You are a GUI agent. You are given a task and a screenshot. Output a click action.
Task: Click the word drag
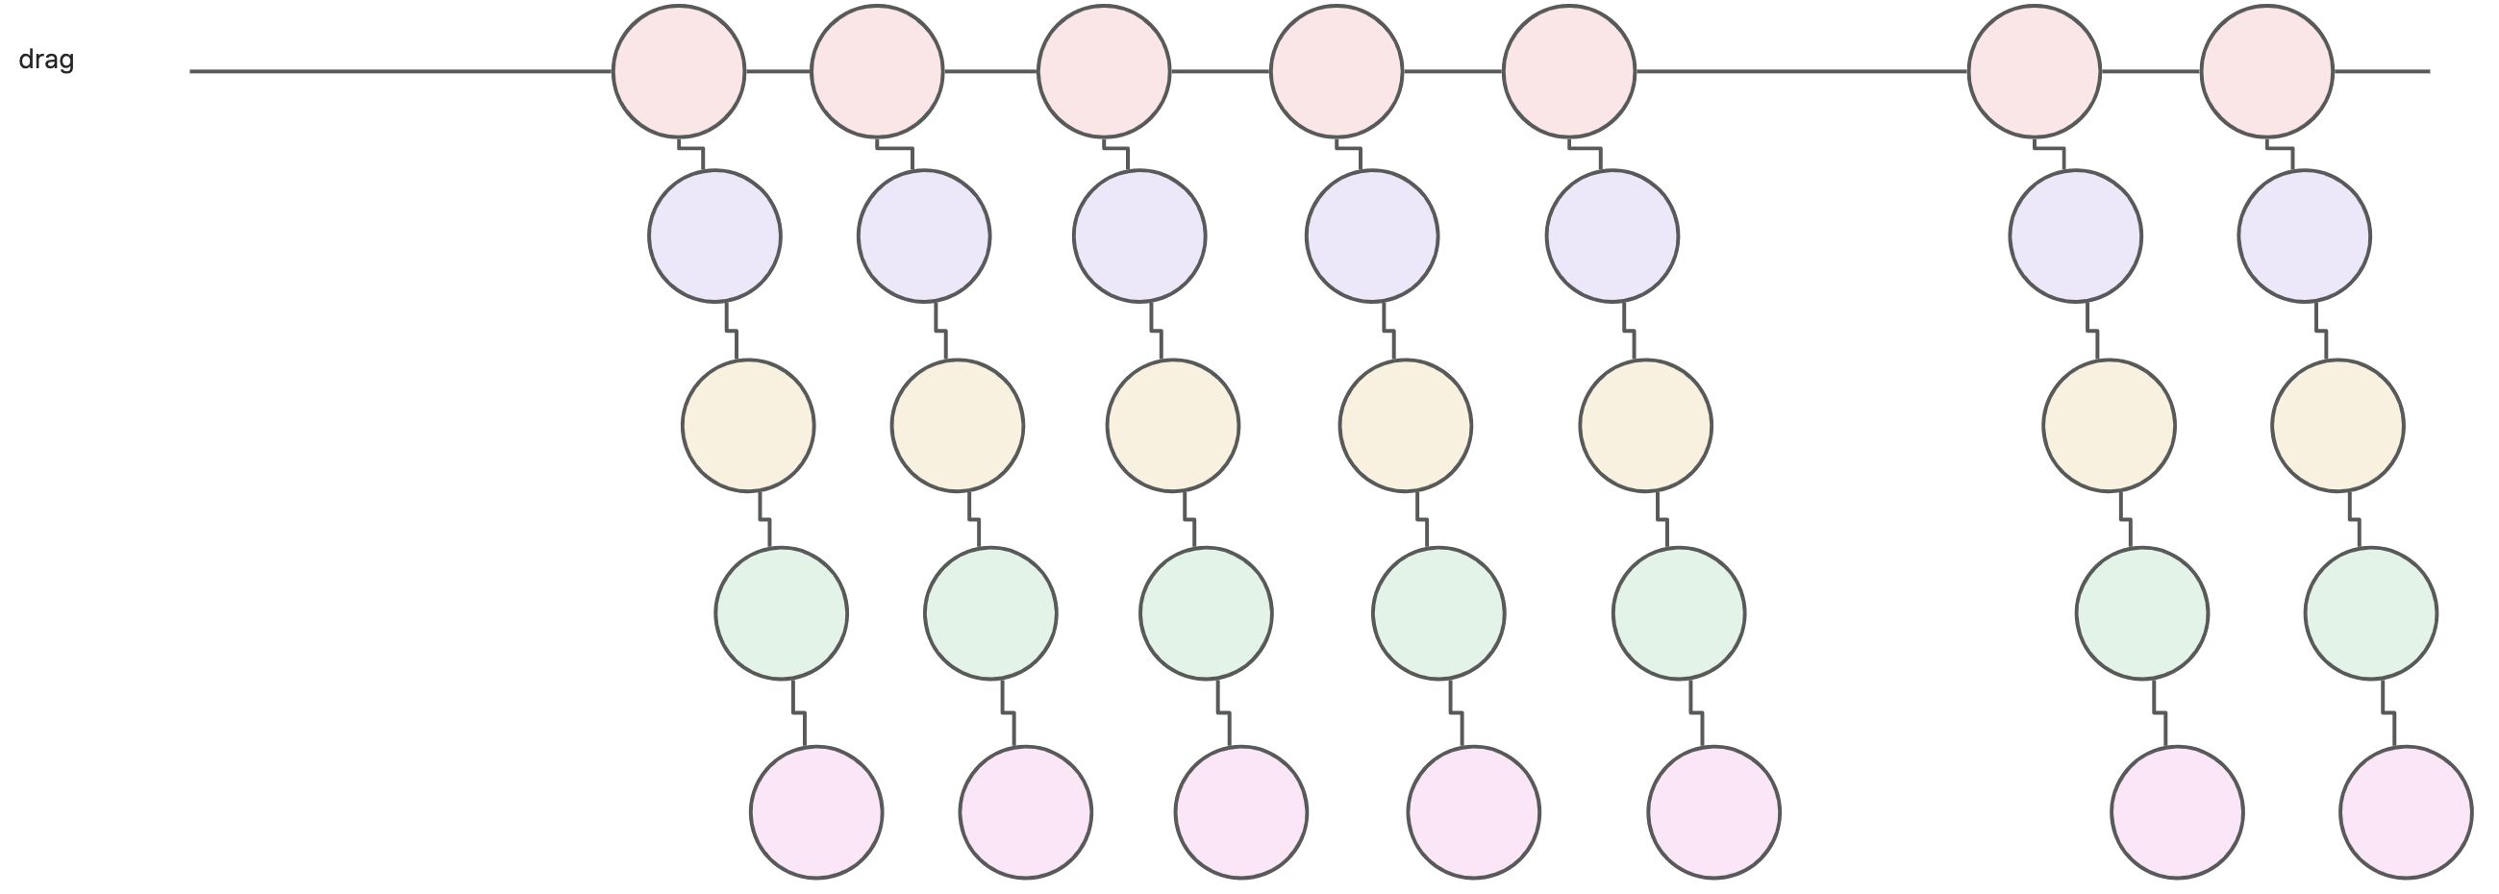tap(46, 61)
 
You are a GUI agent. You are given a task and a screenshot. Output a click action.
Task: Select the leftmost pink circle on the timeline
tap(679, 71)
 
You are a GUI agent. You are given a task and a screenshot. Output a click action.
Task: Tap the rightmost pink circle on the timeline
tap(2267, 71)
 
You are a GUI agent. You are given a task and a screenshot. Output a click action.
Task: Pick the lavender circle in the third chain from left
tap(1139, 236)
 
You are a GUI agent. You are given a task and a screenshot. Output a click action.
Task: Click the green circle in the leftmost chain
tap(781, 612)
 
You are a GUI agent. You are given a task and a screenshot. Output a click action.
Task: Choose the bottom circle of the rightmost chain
tap(2406, 811)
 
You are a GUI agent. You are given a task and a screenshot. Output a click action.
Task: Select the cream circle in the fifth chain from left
tap(1645, 425)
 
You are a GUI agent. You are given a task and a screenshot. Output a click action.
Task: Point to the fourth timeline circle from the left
tap(1336, 71)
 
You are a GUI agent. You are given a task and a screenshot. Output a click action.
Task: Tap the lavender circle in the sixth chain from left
tap(2075, 236)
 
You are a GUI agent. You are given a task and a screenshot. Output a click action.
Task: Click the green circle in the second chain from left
tap(990, 612)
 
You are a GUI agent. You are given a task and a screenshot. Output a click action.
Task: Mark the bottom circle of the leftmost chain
tap(816, 811)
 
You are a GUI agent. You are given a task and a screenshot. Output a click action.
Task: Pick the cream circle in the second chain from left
tap(958, 425)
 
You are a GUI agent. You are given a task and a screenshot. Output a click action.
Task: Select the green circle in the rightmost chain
tap(2371, 612)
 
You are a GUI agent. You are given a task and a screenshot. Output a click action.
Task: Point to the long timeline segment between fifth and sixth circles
tap(1802, 71)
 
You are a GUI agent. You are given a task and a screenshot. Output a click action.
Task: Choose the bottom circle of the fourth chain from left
tap(1474, 811)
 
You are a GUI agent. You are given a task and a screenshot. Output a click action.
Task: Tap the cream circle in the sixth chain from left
tap(2109, 425)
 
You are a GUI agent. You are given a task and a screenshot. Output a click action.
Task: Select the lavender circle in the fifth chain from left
tap(1612, 236)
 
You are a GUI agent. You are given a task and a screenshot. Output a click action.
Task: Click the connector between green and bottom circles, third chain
tap(1224, 713)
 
